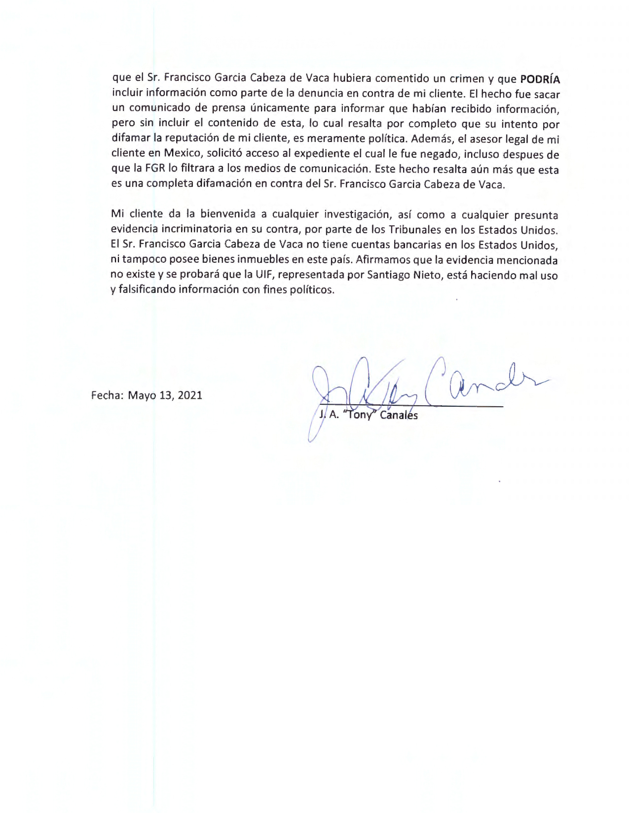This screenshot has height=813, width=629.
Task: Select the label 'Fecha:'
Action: pyautogui.click(x=107, y=395)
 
